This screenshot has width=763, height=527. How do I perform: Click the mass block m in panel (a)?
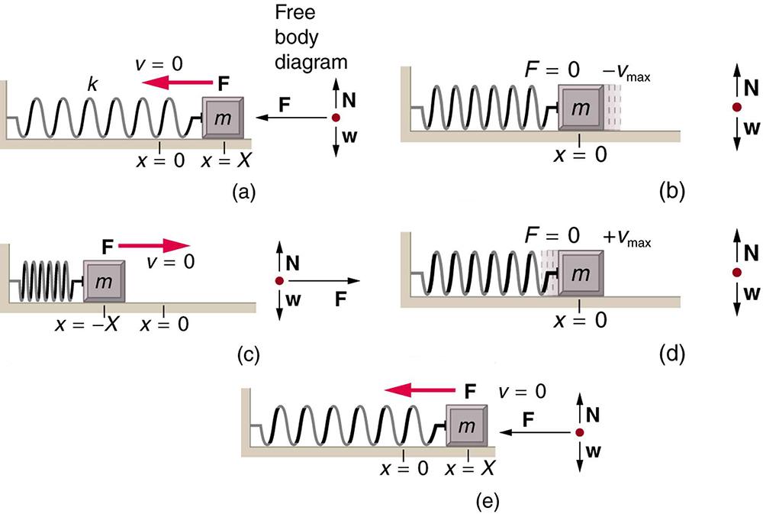(x=224, y=118)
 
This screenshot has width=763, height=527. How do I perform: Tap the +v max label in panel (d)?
(x=629, y=234)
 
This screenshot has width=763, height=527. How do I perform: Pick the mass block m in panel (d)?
(x=581, y=273)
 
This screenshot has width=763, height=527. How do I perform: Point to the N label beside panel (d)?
(x=751, y=252)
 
